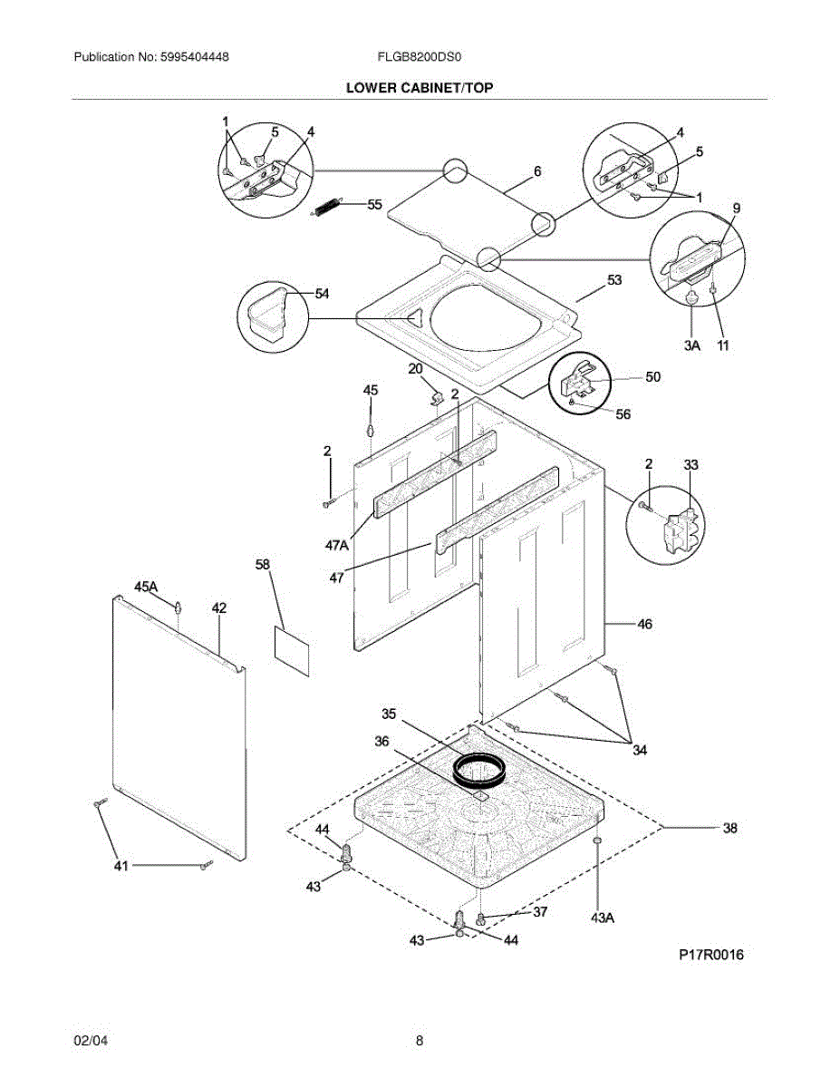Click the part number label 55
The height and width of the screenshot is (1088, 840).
coord(375,205)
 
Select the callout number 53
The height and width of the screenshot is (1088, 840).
coord(614,281)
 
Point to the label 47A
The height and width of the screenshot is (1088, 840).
coord(336,545)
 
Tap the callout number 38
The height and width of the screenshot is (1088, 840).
coord(730,827)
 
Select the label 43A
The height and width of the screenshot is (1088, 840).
coord(603,918)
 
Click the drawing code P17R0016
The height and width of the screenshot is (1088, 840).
coord(711,955)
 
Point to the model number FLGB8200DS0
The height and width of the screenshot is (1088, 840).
coord(420,56)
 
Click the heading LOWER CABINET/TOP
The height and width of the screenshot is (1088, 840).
coord(420,88)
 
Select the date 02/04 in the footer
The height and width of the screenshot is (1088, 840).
coord(90,1041)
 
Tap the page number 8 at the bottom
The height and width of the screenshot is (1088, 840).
coord(420,1041)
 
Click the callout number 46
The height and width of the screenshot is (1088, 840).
coord(644,624)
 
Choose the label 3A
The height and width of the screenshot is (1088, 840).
coord(692,345)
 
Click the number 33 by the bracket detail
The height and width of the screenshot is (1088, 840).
coord(691,465)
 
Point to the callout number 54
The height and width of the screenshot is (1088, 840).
coord(322,293)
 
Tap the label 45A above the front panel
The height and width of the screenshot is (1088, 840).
coord(147,588)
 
